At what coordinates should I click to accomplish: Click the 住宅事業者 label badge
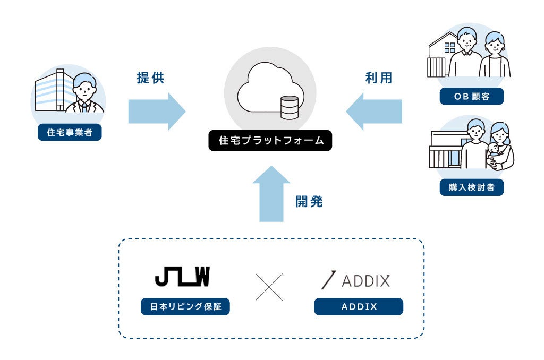coord(70,132)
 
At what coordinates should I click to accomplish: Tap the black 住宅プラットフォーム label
coord(270,141)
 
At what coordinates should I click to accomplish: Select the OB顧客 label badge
coord(472,96)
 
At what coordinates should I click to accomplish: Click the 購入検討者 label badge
coord(472,187)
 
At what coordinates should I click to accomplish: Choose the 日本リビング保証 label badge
coord(185,306)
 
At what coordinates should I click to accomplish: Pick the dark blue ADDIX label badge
coord(359,306)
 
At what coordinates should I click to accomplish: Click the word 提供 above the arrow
coord(150,78)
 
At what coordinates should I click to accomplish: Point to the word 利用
coord(379,78)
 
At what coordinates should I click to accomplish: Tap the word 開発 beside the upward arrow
coord(309,201)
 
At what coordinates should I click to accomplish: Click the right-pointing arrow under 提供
coord(157,112)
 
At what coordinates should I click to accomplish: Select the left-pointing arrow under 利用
coord(374,112)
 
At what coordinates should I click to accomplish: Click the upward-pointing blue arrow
coord(271,193)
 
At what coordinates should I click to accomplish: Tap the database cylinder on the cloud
coord(290,107)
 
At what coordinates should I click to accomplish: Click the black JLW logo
coord(183,277)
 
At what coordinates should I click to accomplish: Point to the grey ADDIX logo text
coord(365,280)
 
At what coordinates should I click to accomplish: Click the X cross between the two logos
coord(269,287)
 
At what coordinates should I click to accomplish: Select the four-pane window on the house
coord(449,48)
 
